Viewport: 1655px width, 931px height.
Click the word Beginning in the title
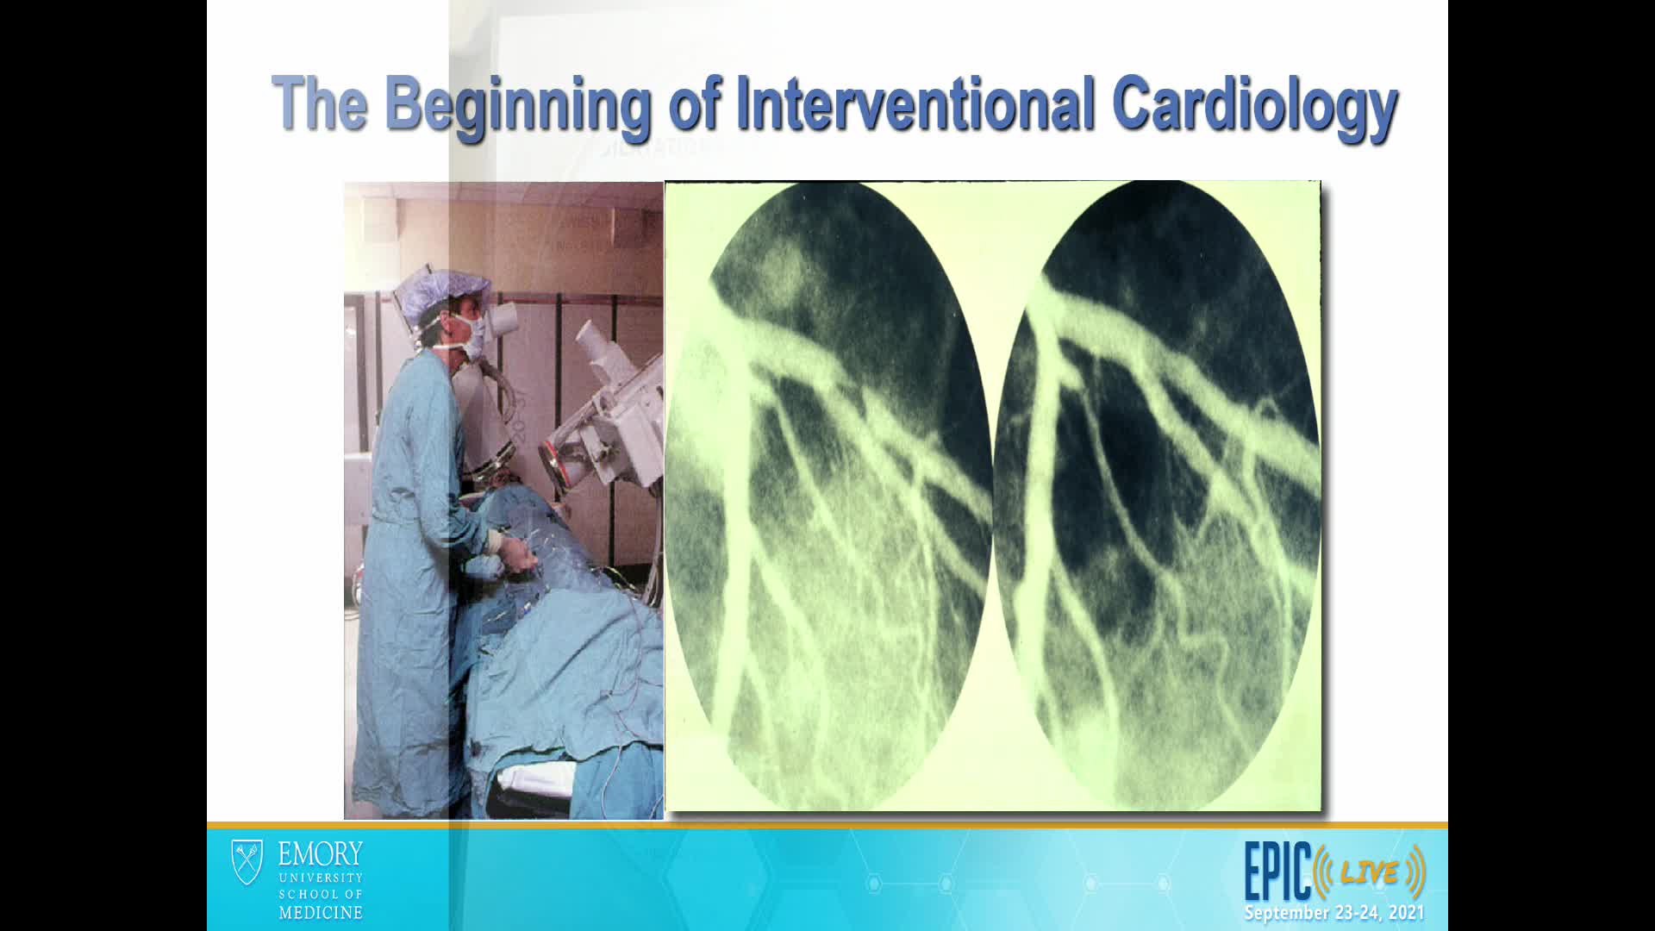point(516,107)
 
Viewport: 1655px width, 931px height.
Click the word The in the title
point(319,103)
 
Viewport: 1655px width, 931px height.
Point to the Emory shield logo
point(247,862)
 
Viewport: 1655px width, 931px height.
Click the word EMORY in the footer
point(320,854)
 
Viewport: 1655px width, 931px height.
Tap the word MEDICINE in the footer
point(320,912)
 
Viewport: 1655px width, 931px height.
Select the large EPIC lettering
point(1277,871)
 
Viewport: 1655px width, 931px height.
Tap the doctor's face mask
point(470,336)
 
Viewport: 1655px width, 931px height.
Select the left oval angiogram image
point(828,495)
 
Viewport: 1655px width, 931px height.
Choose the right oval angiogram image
point(1157,495)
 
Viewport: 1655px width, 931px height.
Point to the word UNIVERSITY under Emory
point(320,878)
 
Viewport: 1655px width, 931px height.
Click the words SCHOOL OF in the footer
point(320,894)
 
